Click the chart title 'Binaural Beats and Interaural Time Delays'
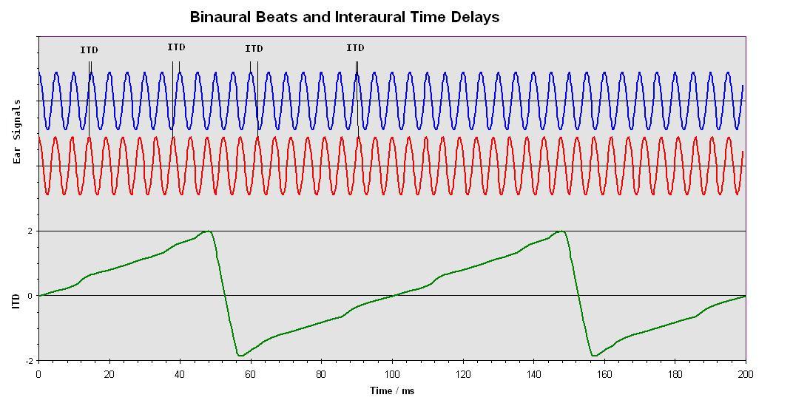click(x=344, y=16)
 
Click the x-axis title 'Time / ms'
click(x=392, y=390)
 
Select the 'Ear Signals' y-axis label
click(x=16, y=131)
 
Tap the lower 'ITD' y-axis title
click(x=16, y=301)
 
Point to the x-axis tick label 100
click(x=392, y=374)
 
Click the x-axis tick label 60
click(x=251, y=374)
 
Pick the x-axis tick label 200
click(x=745, y=374)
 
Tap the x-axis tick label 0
click(x=38, y=374)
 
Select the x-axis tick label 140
click(x=533, y=374)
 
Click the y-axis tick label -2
click(x=29, y=361)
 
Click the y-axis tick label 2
click(x=30, y=231)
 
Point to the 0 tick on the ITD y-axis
click(x=30, y=296)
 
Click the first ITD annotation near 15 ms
click(x=89, y=50)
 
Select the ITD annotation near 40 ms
click(x=176, y=47)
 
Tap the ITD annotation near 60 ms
click(x=254, y=49)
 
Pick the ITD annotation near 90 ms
click(x=355, y=48)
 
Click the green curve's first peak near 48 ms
click(x=208, y=231)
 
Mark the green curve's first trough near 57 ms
click(x=240, y=356)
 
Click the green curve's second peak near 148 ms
click(x=562, y=231)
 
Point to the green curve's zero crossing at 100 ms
click(x=392, y=296)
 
